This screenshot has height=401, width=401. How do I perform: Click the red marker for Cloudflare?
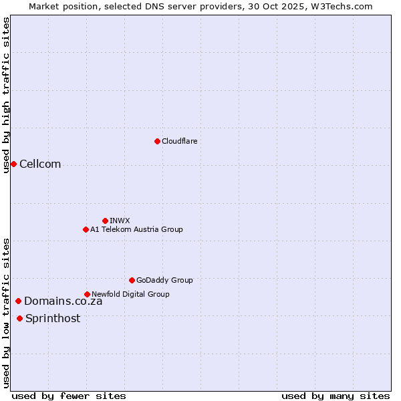click(157, 141)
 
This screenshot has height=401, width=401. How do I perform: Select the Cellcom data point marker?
click(13, 164)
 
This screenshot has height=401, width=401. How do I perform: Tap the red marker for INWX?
click(105, 221)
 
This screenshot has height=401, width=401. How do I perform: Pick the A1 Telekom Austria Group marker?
click(86, 229)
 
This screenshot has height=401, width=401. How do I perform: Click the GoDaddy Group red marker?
click(132, 280)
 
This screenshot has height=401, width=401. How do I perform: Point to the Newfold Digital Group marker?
click(87, 294)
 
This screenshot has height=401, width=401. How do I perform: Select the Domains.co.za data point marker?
click(18, 301)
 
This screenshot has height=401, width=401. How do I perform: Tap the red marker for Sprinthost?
click(19, 318)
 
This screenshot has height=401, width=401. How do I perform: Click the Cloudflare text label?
click(179, 141)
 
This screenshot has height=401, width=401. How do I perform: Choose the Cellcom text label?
click(40, 164)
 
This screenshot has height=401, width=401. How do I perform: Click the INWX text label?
click(120, 221)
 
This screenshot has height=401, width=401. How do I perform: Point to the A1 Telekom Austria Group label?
click(136, 229)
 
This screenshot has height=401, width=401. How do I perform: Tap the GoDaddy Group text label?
click(164, 280)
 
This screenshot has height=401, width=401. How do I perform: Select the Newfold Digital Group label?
click(130, 294)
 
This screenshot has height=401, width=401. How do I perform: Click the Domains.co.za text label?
click(63, 301)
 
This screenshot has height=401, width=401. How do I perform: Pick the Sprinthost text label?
click(53, 319)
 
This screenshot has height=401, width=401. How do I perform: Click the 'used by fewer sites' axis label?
click(69, 396)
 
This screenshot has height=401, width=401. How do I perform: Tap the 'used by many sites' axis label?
click(336, 396)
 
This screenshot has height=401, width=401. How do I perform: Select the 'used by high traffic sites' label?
click(6, 95)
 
